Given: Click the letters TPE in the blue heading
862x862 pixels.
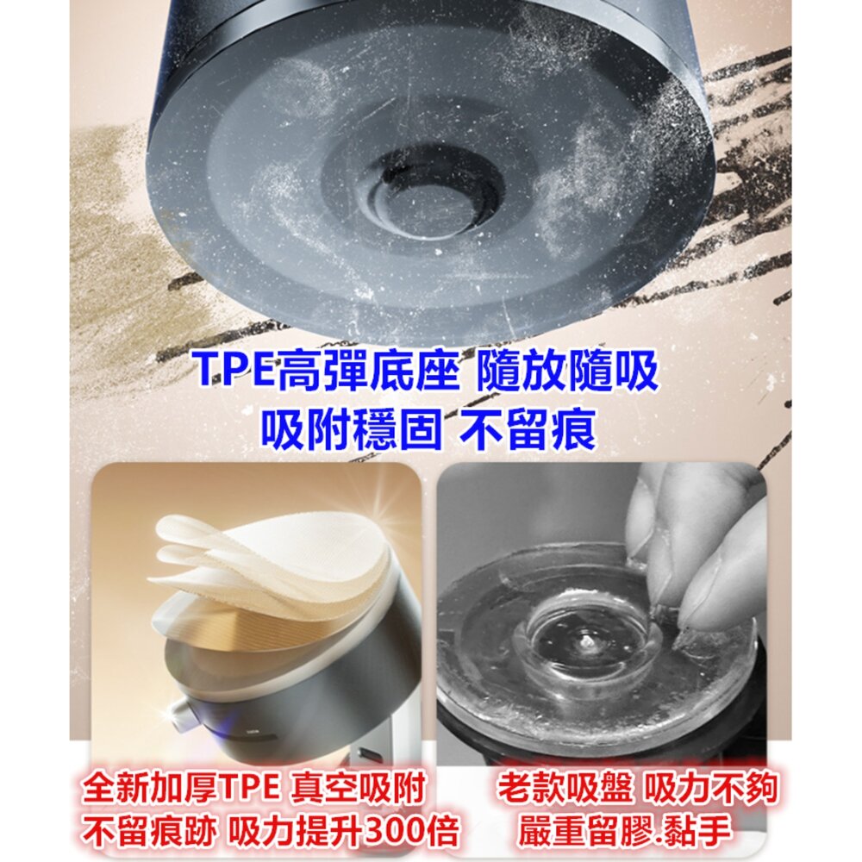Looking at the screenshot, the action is [237, 370].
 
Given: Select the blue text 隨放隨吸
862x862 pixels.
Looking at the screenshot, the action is [567, 370].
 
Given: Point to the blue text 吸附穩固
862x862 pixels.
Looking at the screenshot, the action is [351, 428].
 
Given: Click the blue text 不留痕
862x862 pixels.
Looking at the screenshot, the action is [528, 428].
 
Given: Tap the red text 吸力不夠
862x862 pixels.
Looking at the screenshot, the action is [712, 787].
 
